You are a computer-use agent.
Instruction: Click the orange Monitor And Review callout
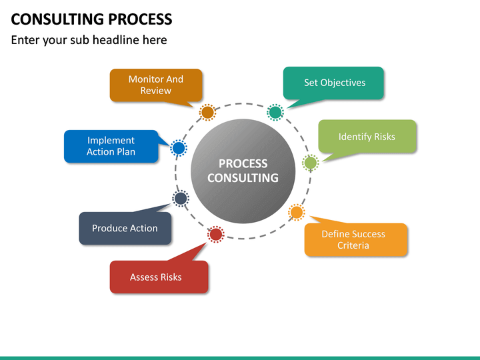tap(155, 85)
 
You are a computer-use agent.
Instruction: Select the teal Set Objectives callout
tap(334, 83)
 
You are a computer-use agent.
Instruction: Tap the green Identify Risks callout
tap(367, 137)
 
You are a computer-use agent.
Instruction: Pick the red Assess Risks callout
tap(159, 277)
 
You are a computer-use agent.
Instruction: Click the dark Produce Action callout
tap(125, 228)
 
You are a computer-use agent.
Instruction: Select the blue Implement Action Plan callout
tap(111, 146)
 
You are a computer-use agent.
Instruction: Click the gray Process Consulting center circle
tap(242, 171)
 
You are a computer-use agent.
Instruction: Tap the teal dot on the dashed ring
tap(275, 112)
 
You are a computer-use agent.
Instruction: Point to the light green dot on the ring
tap(311, 162)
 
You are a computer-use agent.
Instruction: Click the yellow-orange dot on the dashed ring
tap(296, 213)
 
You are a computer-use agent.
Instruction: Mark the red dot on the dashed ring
tap(215, 234)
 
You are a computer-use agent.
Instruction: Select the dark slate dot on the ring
tap(180, 198)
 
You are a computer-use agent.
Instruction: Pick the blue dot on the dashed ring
tap(178, 148)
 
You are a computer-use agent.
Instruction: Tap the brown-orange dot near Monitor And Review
tap(207, 112)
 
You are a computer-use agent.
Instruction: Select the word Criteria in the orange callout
tap(353, 245)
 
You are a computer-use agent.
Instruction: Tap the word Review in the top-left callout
tap(155, 91)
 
